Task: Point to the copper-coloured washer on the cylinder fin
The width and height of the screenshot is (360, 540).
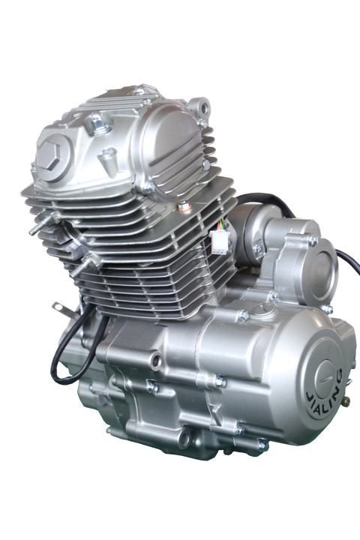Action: click(x=182, y=206)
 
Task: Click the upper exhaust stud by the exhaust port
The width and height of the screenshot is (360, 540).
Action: click(x=43, y=223)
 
